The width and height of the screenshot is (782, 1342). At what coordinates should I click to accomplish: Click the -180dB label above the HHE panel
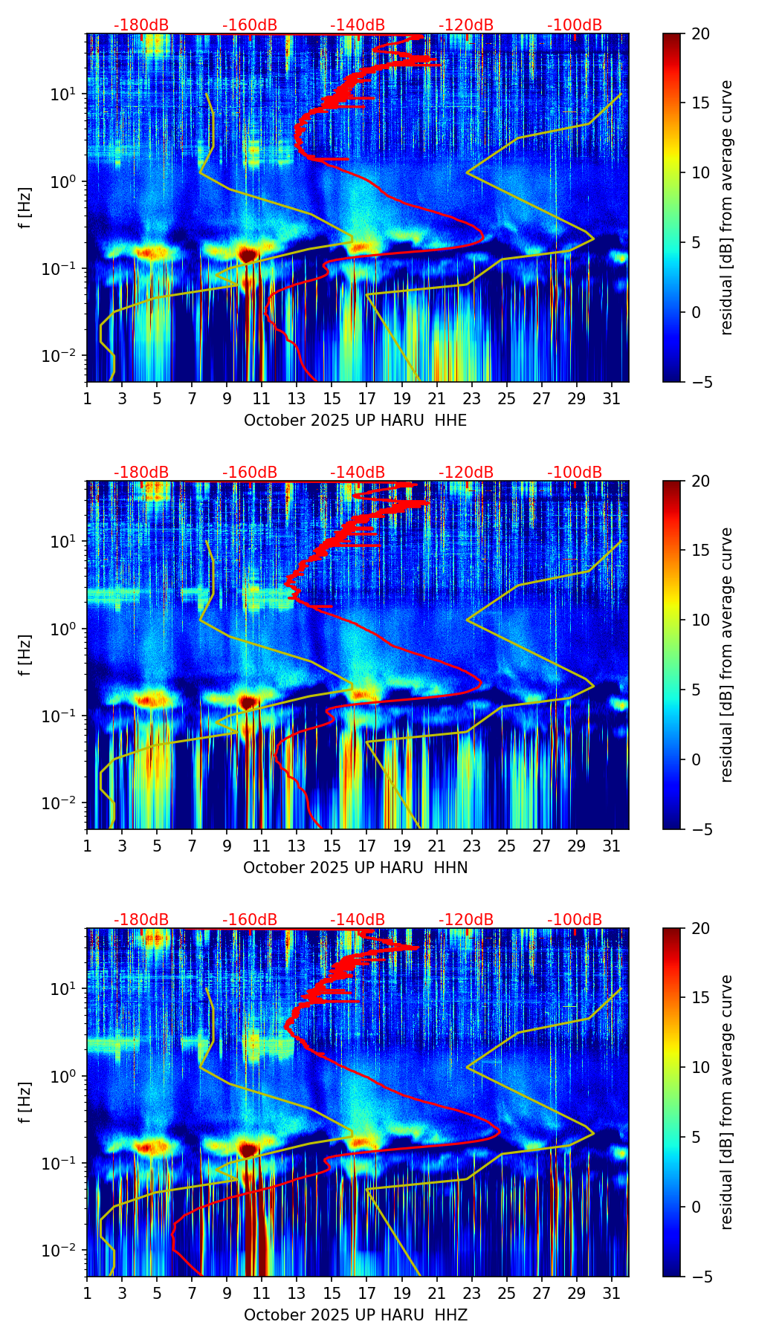(x=141, y=25)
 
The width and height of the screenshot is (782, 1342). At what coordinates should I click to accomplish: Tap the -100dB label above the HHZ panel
(x=575, y=920)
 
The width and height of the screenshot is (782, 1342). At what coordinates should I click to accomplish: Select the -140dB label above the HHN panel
(x=358, y=473)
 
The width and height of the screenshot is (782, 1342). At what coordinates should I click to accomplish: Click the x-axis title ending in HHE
(x=355, y=421)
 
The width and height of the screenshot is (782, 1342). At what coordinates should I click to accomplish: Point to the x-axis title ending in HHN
(x=355, y=868)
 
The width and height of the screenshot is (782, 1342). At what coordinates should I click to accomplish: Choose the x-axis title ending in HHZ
(x=355, y=1315)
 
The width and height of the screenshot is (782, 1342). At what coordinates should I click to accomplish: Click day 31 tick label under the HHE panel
(x=611, y=399)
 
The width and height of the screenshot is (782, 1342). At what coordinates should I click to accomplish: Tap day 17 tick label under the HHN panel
(x=366, y=846)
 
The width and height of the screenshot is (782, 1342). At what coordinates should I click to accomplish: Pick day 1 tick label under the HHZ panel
(x=87, y=1294)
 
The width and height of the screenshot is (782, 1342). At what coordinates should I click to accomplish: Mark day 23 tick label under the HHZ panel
(x=471, y=1294)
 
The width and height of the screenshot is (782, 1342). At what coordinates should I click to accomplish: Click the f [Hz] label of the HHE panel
(x=25, y=208)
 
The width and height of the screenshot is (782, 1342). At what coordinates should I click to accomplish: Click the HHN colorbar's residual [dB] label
(x=727, y=655)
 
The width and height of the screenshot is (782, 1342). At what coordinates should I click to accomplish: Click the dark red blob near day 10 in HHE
(x=248, y=255)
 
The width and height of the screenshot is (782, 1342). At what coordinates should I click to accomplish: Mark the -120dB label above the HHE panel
(x=466, y=25)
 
